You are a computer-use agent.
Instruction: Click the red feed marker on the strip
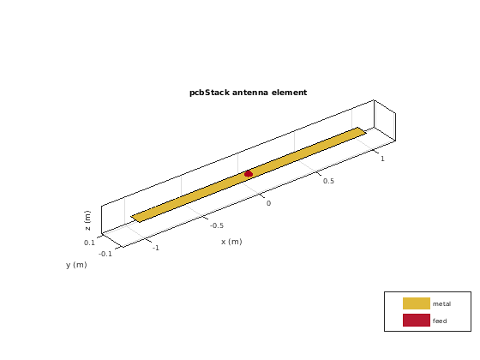click(249, 174)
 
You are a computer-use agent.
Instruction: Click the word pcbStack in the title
click(209, 93)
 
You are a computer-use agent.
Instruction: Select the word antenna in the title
click(250, 93)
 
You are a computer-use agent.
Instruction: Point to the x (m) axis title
click(231, 242)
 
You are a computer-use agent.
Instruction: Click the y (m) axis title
click(76, 265)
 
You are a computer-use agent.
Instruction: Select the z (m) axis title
click(87, 220)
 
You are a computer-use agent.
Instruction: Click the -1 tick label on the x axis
click(156, 248)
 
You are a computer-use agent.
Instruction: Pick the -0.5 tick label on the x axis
click(217, 225)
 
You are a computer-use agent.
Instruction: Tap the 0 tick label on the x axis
click(268, 203)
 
